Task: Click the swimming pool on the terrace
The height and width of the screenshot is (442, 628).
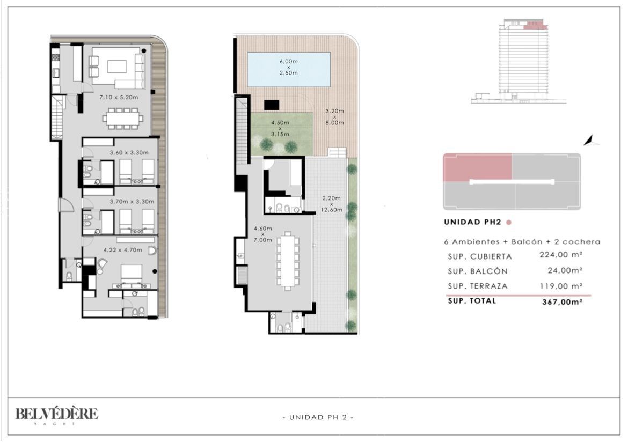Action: pos(289,69)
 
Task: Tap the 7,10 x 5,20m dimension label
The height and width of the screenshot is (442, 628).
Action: pos(119,97)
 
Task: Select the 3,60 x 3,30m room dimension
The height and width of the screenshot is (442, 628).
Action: pos(129,152)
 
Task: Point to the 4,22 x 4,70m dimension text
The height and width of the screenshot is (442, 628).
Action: pos(122,250)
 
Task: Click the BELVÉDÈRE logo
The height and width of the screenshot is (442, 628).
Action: pos(56,415)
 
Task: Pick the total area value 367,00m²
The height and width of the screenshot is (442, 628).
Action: pos(562,302)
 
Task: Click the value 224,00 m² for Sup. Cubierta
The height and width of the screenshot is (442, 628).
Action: pos(561,254)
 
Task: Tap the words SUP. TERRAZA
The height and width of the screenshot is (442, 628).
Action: pos(477,286)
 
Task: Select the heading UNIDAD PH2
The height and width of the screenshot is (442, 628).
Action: pos(472,222)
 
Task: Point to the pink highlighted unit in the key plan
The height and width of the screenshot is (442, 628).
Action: pos(477,167)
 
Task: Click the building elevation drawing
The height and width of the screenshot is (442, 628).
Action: pos(519,61)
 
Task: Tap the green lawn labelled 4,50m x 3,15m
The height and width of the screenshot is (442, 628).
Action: pos(282,134)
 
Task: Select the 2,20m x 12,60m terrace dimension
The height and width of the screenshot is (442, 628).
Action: pos(332,204)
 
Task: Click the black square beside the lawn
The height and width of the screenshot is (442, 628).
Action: pos(272,105)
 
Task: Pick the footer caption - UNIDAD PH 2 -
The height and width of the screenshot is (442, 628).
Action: pos(318,417)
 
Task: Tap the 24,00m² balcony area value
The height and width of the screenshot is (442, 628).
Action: pos(565,271)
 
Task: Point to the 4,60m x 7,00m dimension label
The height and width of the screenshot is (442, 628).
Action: pos(262,234)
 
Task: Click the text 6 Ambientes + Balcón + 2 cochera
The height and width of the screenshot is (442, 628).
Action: pos(522,242)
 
